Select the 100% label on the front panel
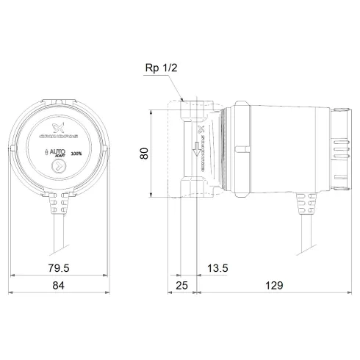(76, 154)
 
